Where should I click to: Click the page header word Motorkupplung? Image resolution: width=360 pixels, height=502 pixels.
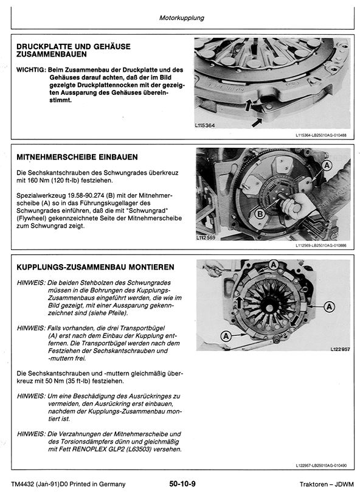[181, 18]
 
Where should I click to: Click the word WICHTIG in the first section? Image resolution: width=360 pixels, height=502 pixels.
[30, 70]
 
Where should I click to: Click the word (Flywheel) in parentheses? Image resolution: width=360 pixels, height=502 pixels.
[30, 217]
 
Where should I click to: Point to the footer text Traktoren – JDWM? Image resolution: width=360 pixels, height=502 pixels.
[322, 484]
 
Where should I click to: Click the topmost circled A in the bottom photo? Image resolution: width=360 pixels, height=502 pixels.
[274, 265]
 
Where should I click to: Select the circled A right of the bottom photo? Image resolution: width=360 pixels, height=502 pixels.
[329, 306]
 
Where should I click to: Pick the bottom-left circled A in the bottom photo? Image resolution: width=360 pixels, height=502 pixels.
[226, 335]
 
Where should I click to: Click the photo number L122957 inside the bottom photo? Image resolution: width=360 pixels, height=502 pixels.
[339, 350]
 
